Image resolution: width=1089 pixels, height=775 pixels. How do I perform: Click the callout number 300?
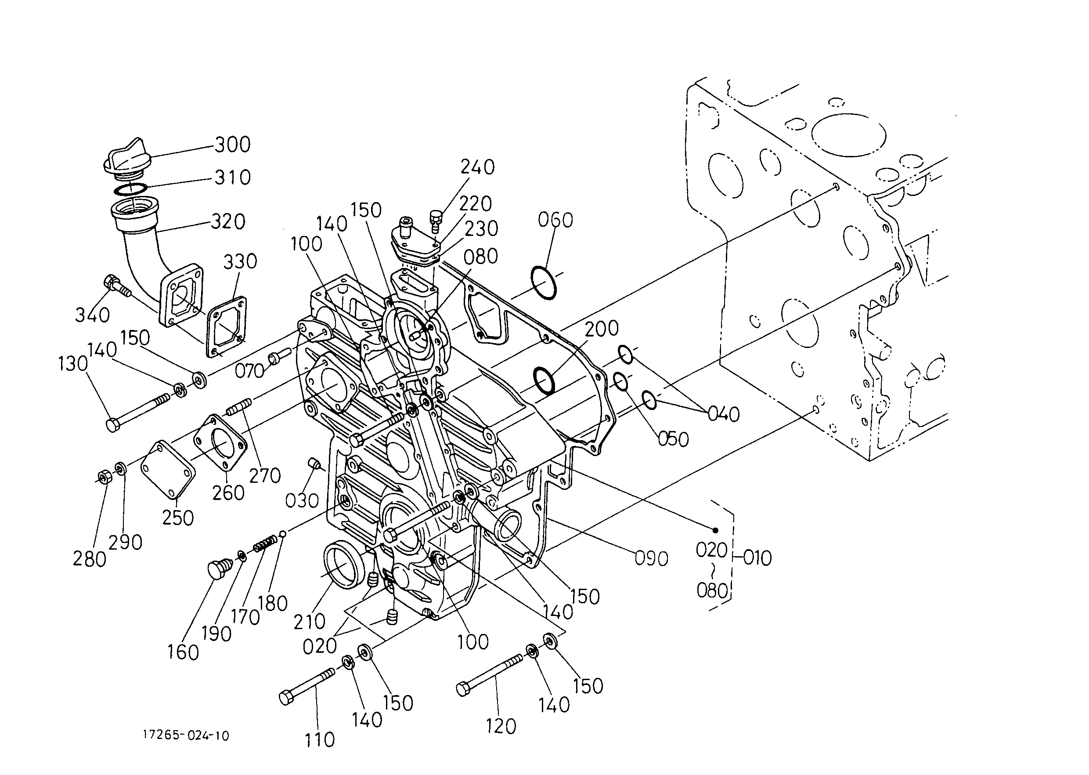[232, 145]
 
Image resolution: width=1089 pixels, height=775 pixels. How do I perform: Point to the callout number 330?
[240, 261]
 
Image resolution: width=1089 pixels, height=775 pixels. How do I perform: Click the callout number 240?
[477, 167]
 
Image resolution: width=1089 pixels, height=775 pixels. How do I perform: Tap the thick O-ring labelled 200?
[544, 380]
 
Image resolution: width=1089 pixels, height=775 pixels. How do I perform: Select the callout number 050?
[673, 439]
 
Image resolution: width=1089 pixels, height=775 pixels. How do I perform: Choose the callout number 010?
[757, 558]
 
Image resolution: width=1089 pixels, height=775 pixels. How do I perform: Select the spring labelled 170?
[265, 543]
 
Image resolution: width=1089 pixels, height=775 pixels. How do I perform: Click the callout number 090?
[651, 558]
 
